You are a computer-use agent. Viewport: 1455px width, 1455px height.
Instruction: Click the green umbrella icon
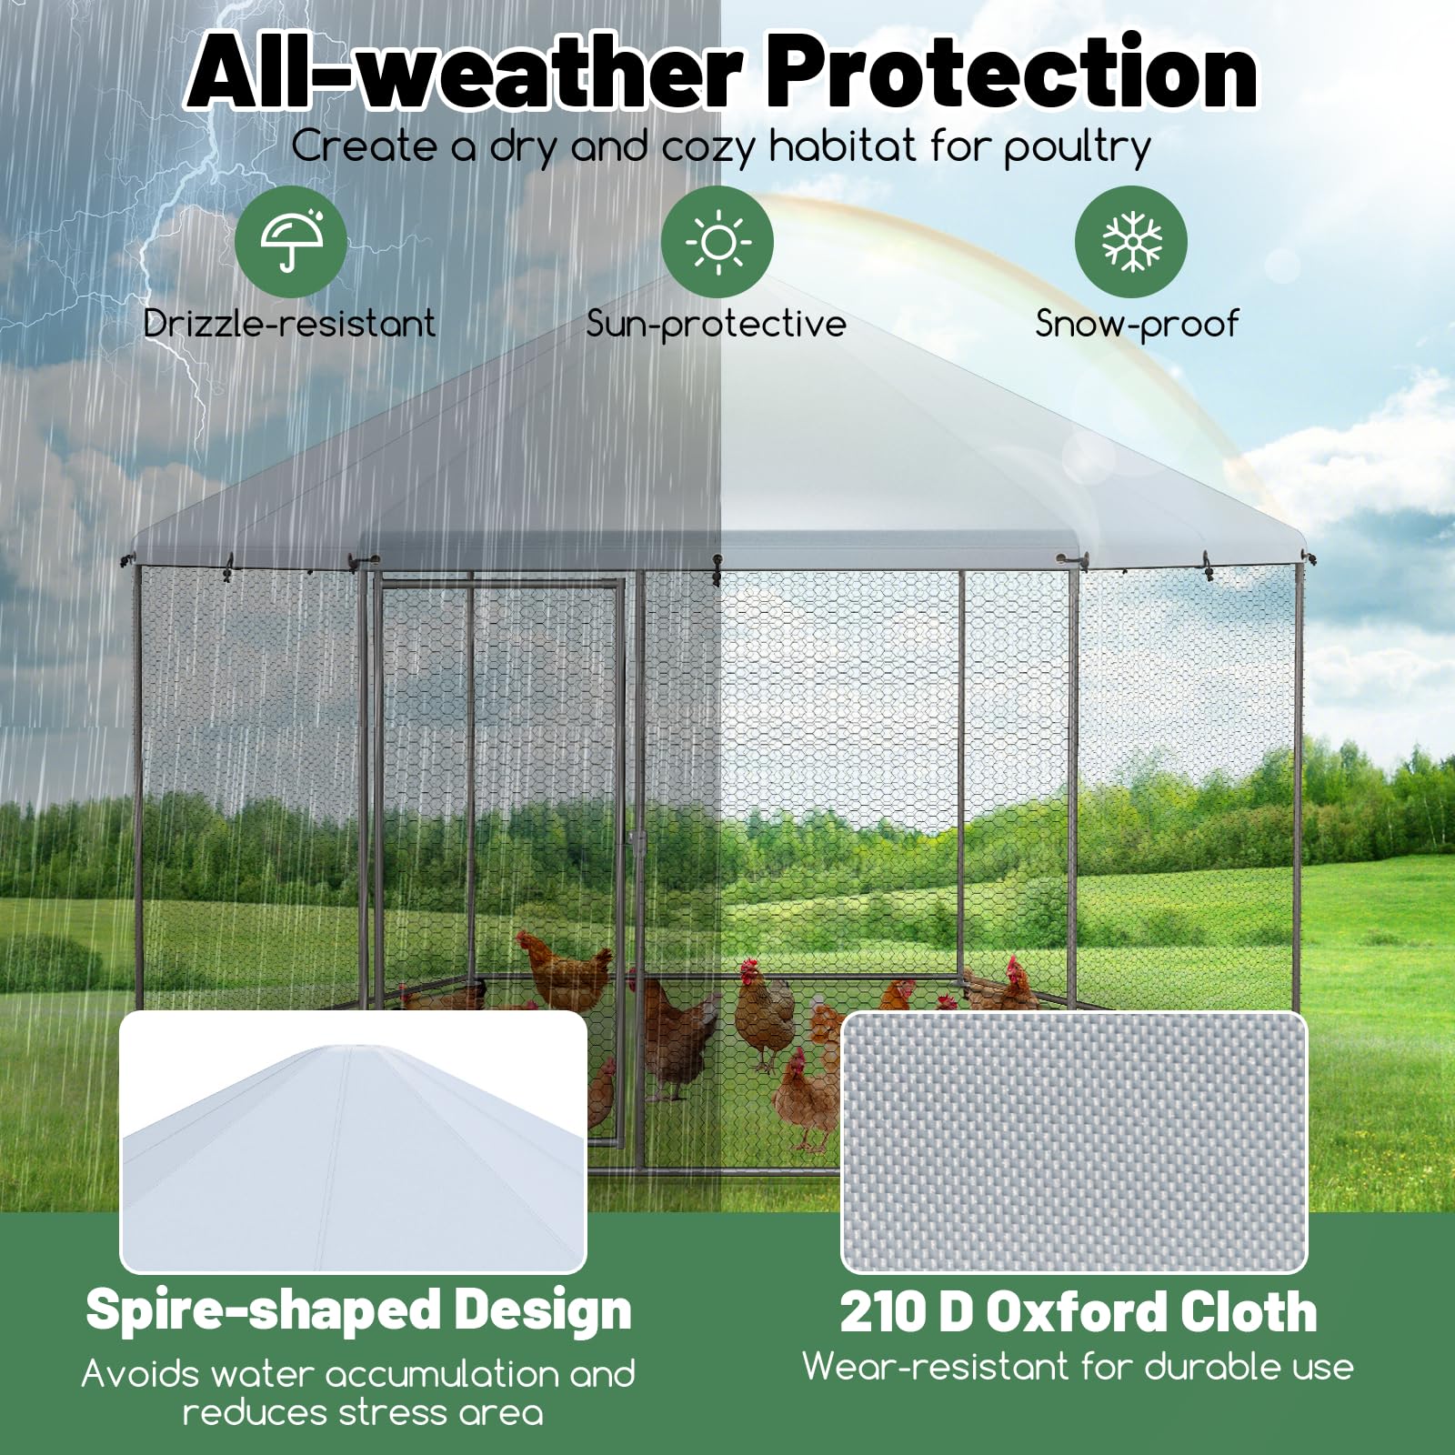pyautogui.click(x=291, y=242)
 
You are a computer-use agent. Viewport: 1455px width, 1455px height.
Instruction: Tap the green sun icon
pyautogui.click(x=717, y=242)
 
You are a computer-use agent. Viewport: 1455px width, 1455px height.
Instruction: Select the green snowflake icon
pyautogui.click(x=1131, y=242)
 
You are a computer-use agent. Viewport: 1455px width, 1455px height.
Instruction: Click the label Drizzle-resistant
pyautogui.click(x=289, y=324)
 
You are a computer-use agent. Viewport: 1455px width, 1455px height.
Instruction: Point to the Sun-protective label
pyautogui.click(x=717, y=325)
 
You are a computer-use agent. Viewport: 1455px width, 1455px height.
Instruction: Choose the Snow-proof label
pyautogui.click(x=1137, y=325)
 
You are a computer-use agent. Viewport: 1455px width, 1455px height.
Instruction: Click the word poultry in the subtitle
pyautogui.click(x=1078, y=148)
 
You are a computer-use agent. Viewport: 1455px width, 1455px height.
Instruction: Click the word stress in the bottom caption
pyautogui.click(x=393, y=1413)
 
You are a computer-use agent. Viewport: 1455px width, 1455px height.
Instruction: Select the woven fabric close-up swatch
pyautogui.click(x=1074, y=1142)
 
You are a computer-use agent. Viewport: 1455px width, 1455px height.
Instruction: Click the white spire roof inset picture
pyautogui.click(x=354, y=1141)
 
